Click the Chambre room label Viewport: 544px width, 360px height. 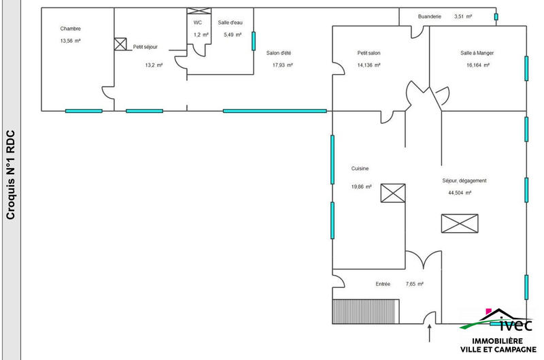coord(71,29)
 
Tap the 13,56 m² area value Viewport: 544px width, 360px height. coord(71,41)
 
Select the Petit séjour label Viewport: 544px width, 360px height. coord(146,47)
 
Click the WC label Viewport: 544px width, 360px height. coord(198,22)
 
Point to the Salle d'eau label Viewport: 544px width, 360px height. coord(230,22)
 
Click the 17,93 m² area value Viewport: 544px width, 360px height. coord(282,65)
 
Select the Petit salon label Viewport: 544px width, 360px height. coord(369,52)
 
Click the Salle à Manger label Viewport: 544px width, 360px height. coord(476,52)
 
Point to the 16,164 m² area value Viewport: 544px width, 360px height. coord(478,65)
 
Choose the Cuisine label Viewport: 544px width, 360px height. coord(360,169)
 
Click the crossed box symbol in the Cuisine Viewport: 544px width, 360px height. coord(392,193)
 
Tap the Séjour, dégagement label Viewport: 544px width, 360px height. coord(463,180)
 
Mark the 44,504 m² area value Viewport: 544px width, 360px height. coord(460,193)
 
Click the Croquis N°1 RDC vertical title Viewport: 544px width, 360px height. coord(10,175)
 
